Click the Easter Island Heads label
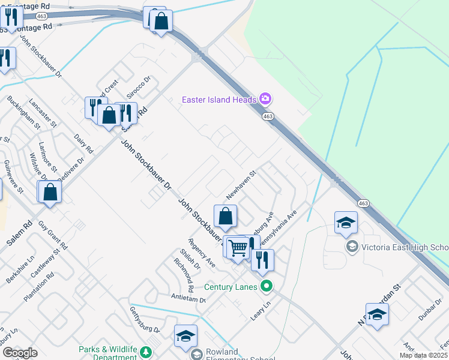pyautogui.click(x=219, y=99)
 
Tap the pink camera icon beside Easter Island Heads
pyautogui.click(x=265, y=98)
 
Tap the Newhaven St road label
pyautogui.click(x=241, y=185)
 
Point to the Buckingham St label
pyautogui.click(x=24, y=113)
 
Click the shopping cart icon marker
pyautogui.click(x=238, y=247)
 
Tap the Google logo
pyautogui.click(x=20, y=353)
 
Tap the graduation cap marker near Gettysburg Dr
pyautogui.click(x=185, y=337)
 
